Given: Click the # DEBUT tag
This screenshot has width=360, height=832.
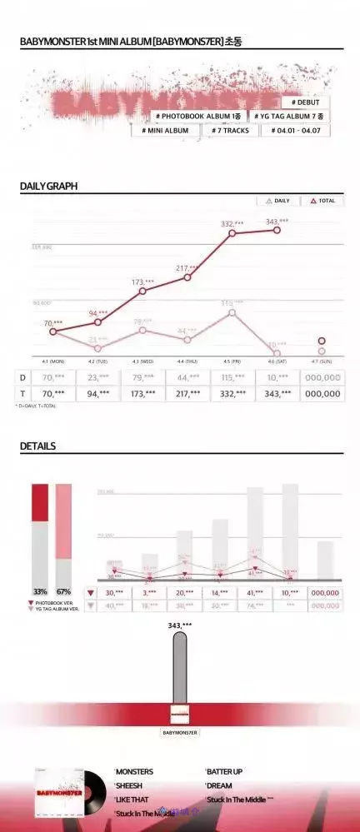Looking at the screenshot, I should coord(305,102).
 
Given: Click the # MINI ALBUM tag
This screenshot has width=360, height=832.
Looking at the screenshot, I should coord(166,131).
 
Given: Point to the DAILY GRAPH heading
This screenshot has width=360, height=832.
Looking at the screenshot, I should coord(48,186).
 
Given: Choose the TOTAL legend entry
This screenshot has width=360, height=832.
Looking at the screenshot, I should coord(322,201).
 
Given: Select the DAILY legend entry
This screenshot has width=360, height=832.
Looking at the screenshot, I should coord(277,201).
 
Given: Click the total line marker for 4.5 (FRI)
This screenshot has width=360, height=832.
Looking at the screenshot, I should coord(232,233).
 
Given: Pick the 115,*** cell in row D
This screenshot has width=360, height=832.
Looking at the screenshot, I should coord(232,377).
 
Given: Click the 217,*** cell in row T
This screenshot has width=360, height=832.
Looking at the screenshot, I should coord(187,394).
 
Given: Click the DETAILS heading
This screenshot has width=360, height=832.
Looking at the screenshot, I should coord(37,446).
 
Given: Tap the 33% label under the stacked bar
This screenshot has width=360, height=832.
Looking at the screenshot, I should coord(40,591).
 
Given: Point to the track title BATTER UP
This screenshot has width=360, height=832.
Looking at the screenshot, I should coord(225,772).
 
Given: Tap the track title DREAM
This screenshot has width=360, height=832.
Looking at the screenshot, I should coord(220,785).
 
